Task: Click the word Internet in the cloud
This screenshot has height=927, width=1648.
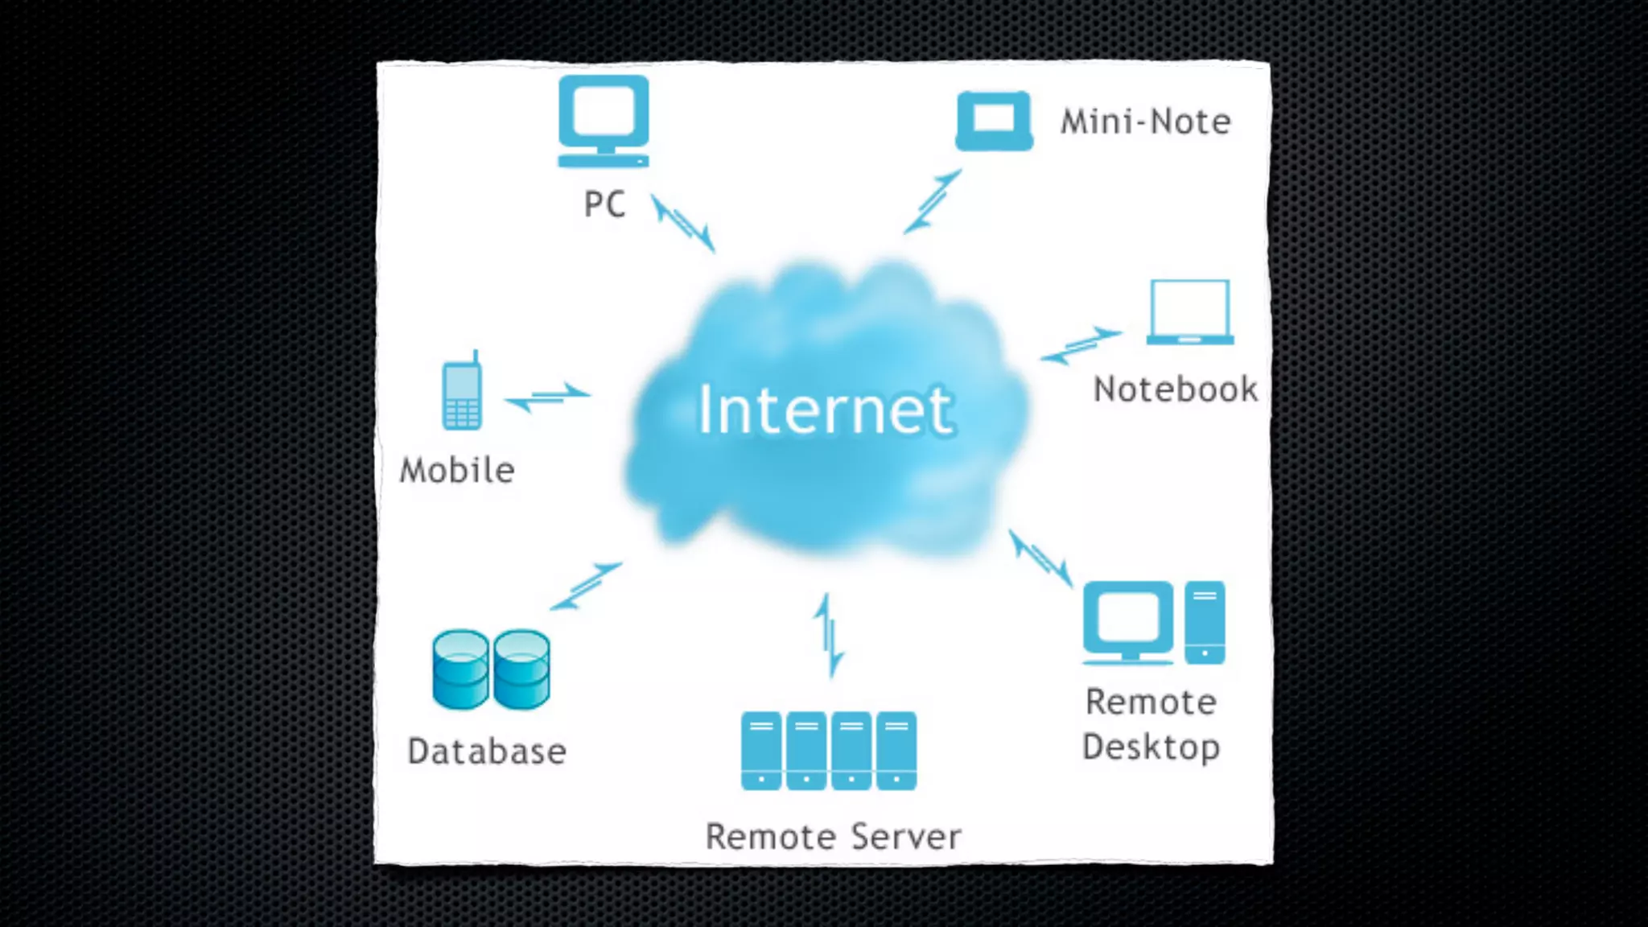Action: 825,410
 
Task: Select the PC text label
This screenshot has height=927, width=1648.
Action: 604,204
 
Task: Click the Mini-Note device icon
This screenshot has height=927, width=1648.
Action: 994,122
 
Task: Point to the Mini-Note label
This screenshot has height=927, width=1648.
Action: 1146,122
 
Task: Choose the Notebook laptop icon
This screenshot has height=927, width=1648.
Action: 1190,312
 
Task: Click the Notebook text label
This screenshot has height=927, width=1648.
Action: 1176,389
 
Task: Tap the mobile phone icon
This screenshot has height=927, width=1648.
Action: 462,392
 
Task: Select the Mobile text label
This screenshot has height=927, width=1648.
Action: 457,471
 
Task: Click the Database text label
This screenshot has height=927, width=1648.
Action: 487,752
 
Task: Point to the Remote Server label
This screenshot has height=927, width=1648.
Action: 833,837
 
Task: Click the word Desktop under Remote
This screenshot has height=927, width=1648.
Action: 1151,748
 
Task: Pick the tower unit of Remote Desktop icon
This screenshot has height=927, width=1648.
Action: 1205,622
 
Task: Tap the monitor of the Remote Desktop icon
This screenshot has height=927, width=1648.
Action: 1127,620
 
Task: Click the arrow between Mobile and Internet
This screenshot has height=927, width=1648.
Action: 548,396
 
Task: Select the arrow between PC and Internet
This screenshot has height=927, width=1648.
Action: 683,223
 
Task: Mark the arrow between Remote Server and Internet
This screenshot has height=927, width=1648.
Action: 829,636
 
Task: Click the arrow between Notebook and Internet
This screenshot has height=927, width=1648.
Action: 1081,345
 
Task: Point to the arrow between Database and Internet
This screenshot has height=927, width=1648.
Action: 586,586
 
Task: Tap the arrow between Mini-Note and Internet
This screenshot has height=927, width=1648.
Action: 933,201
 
